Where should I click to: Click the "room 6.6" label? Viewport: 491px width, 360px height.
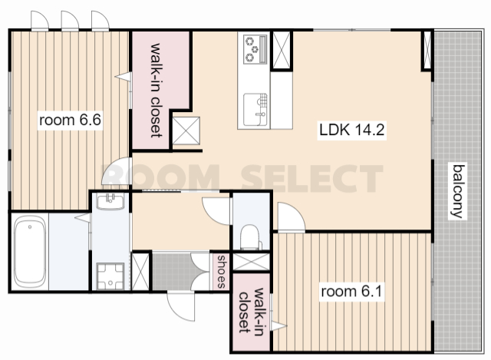pyautogui.click(x=70, y=120)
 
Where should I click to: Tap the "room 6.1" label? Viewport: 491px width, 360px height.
pyautogui.click(x=351, y=292)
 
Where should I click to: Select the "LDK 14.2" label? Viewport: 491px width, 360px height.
pyautogui.click(x=351, y=130)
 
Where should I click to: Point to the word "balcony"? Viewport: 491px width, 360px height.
pyautogui.click(x=457, y=191)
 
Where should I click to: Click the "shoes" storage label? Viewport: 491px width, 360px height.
pyautogui.click(x=222, y=272)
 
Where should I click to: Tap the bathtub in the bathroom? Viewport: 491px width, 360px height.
pyautogui.click(x=30, y=252)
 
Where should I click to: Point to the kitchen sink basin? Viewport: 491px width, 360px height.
pyautogui.click(x=255, y=109)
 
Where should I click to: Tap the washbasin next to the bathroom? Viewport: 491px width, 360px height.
pyautogui.click(x=110, y=201)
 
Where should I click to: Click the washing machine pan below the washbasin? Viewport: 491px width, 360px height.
pyautogui.click(x=110, y=276)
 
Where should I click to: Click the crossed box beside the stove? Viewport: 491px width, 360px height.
pyautogui.click(x=282, y=50)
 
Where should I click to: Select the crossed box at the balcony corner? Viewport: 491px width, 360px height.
pyautogui.click(x=427, y=50)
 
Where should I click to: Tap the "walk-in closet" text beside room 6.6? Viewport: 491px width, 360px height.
pyautogui.click(x=157, y=91)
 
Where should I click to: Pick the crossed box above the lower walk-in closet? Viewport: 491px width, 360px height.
pyautogui.click(x=252, y=262)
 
